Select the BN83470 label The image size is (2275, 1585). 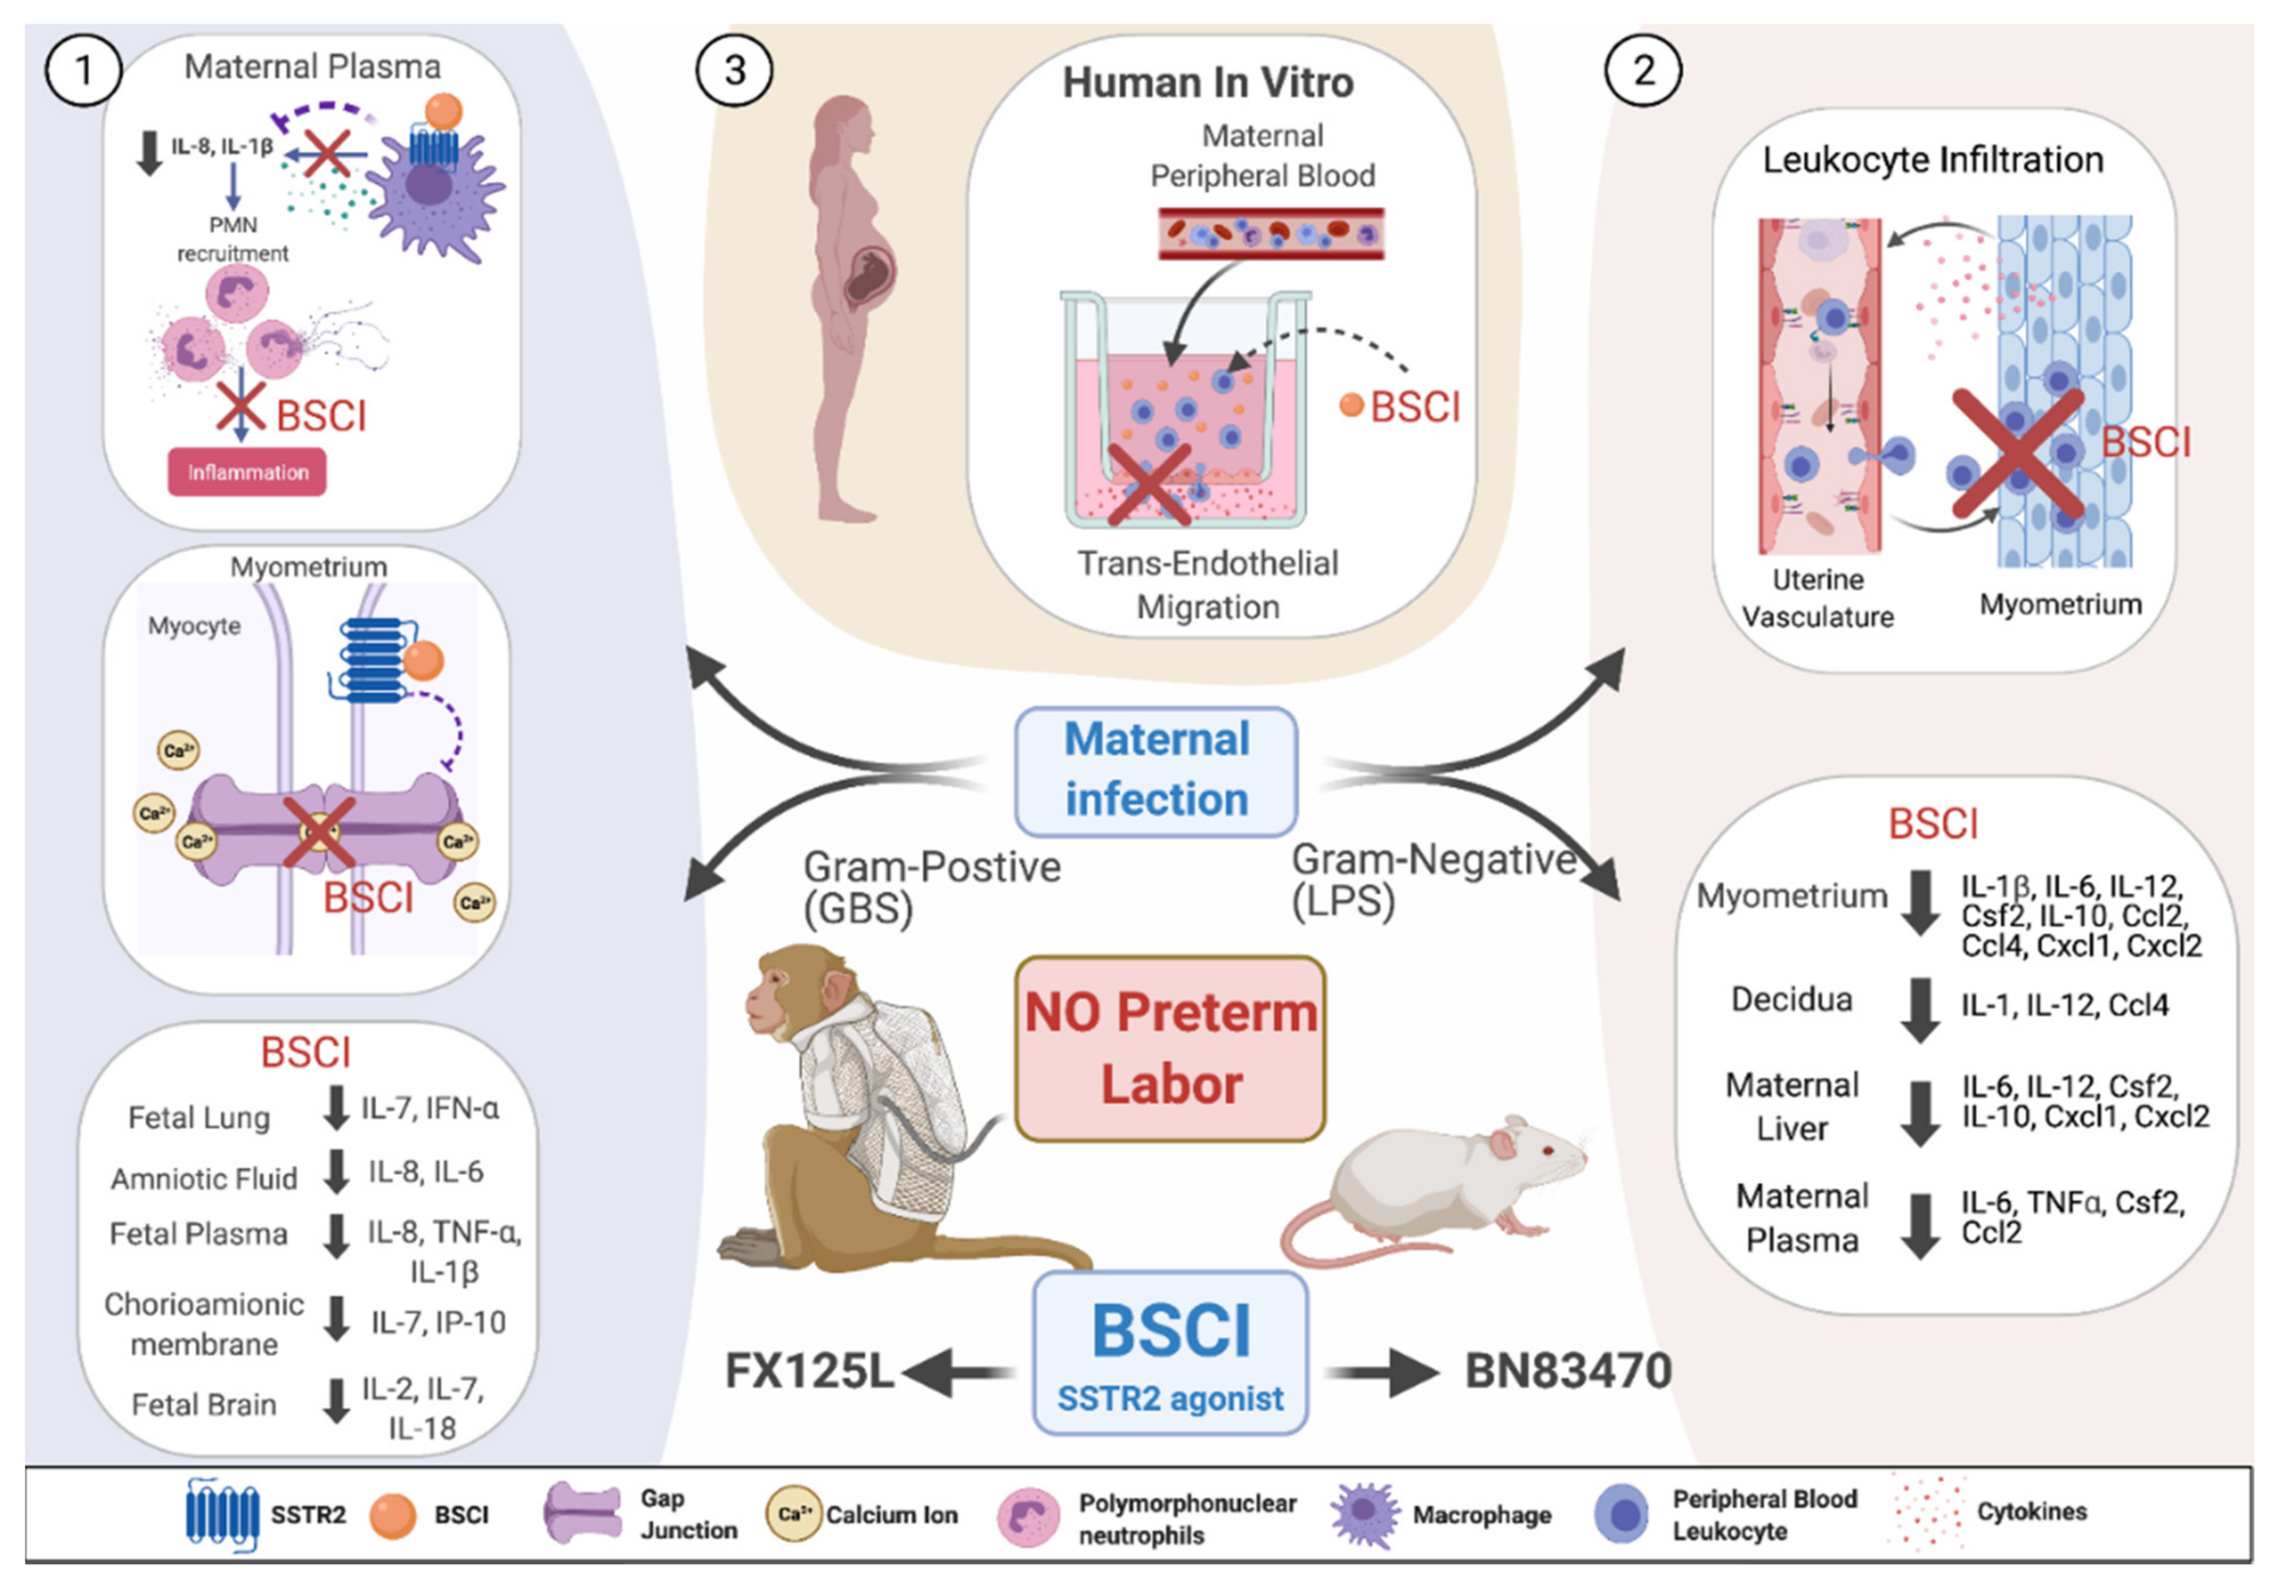[1568, 1371]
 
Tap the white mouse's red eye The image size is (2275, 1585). [1548, 1151]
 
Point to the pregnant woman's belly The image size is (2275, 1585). [872, 273]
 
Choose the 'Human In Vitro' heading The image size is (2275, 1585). [1208, 82]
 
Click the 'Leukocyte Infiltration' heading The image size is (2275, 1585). [1932, 160]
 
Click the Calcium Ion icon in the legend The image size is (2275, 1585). [793, 1514]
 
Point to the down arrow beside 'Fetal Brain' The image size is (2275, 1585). [337, 1401]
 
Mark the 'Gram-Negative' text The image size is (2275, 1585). [1434, 859]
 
